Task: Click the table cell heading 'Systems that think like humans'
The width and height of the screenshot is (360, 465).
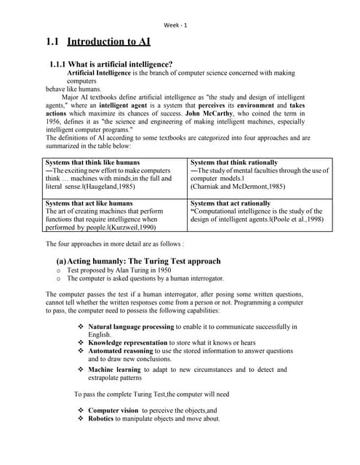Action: pyautogui.click(x=92, y=162)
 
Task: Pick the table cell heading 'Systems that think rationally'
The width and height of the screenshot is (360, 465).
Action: pyautogui.click(x=233, y=162)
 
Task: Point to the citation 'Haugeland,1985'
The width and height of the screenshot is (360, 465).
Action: pyautogui.click(x=102, y=187)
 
